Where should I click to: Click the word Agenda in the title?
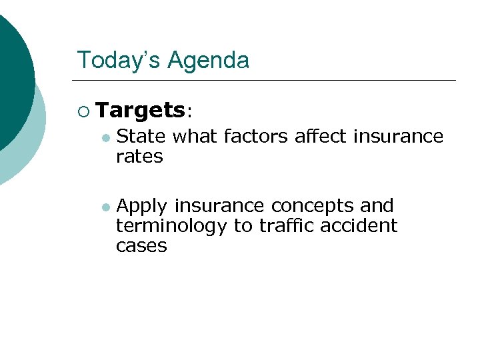pyautogui.click(x=208, y=60)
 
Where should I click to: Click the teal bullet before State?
pyautogui.click(x=105, y=137)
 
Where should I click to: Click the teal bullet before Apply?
pyautogui.click(x=105, y=207)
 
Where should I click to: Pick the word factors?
pyautogui.click(x=252, y=137)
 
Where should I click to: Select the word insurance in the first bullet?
pyautogui.click(x=398, y=137)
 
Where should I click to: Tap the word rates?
pyautogui.click(x=139, y=157)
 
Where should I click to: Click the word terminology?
pyautogui.click(x=171, y=226)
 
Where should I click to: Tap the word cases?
pyautogui.click(x=141, y=246)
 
